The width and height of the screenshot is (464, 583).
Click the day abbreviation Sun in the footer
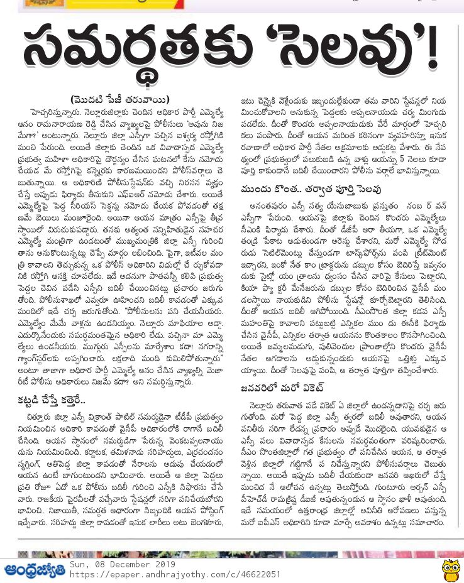coord(78,564)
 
